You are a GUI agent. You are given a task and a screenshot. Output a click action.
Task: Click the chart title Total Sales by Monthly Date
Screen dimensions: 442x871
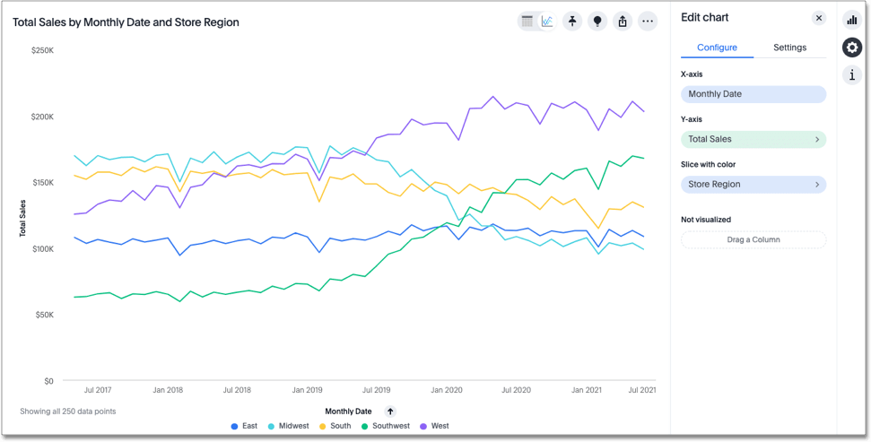pos(126,22)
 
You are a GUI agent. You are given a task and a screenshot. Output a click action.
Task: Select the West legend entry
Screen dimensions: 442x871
pos(433,426)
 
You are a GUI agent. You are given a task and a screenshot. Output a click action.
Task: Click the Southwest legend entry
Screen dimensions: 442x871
pos(385,426)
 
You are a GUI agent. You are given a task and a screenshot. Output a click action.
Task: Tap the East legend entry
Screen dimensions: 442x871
pos(244,426)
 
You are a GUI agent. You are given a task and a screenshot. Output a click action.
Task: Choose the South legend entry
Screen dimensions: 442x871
pos(335,426)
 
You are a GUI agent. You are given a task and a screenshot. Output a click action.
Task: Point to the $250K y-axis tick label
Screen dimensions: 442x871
pos(42,50)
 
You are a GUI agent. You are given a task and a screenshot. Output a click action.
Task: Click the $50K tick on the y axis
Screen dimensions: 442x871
pos(44,315)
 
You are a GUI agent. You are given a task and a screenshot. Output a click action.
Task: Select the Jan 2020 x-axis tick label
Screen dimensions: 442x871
pos(446,390)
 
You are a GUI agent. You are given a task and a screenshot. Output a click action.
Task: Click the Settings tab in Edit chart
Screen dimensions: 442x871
pos(789,48)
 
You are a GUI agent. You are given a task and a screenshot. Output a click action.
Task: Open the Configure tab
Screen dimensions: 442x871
pos(717,48)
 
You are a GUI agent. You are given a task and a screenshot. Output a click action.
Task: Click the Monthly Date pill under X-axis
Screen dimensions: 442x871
pos(753,94)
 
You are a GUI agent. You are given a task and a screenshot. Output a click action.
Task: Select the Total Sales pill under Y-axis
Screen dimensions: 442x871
pos(753,140)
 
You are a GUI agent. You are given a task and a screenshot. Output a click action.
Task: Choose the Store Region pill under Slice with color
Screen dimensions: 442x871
pos(753,185)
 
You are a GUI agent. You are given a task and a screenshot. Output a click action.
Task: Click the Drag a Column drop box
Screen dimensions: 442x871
pos(753,239)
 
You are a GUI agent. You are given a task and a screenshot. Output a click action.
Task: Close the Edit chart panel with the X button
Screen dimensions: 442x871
pos(818,18)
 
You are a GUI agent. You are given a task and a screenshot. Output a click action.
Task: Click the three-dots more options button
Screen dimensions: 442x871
pos(648,22)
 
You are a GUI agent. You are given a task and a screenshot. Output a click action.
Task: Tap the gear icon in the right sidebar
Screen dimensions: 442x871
pos(852,48)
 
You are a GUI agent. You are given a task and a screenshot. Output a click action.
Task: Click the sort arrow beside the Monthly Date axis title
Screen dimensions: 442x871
pos(390,412)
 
